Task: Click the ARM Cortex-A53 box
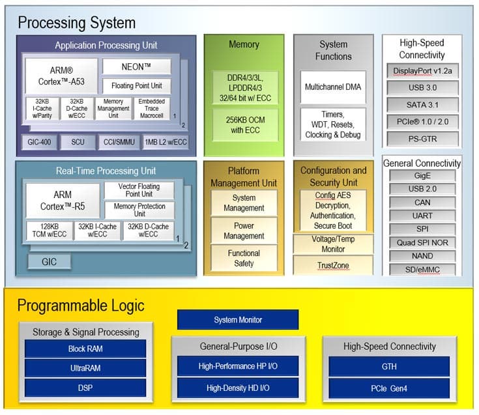62,76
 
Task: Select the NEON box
136,66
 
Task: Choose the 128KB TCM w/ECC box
48,231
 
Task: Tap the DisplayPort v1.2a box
422,70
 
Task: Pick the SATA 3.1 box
422,104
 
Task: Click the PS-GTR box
422,138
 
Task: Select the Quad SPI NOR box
422,242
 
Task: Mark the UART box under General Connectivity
422,216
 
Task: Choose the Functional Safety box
244,258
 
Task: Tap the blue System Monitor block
238,319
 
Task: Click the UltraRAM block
85,368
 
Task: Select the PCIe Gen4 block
389,388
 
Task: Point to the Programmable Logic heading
81,306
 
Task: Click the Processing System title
77,23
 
